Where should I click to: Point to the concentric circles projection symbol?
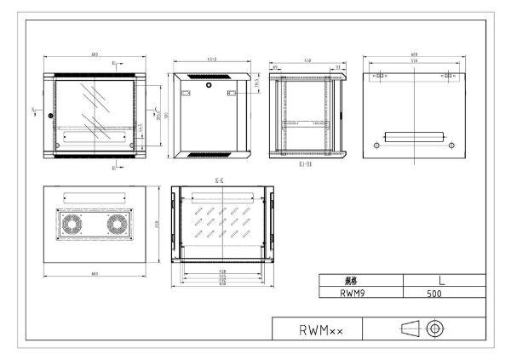[x=435, y=328]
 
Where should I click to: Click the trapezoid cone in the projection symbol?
[x=411, y=328]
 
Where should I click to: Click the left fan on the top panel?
[x=72, y=224]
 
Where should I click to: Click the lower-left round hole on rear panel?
[x=375, y=146]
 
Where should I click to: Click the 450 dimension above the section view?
[x=305, y=60]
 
